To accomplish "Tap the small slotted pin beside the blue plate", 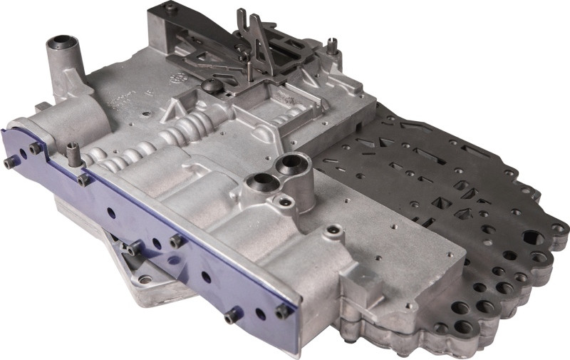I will pyautogui.click(x=72, y=148).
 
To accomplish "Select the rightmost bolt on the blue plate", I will pyautogui.click(x=282, y=312).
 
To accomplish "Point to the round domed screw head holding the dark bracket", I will pyautogui.click(x=212, y=86).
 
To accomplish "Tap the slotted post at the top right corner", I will pyautogui.click(x=332, y=46).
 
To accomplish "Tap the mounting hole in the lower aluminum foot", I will pyautogui.click(x=145, y=279).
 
